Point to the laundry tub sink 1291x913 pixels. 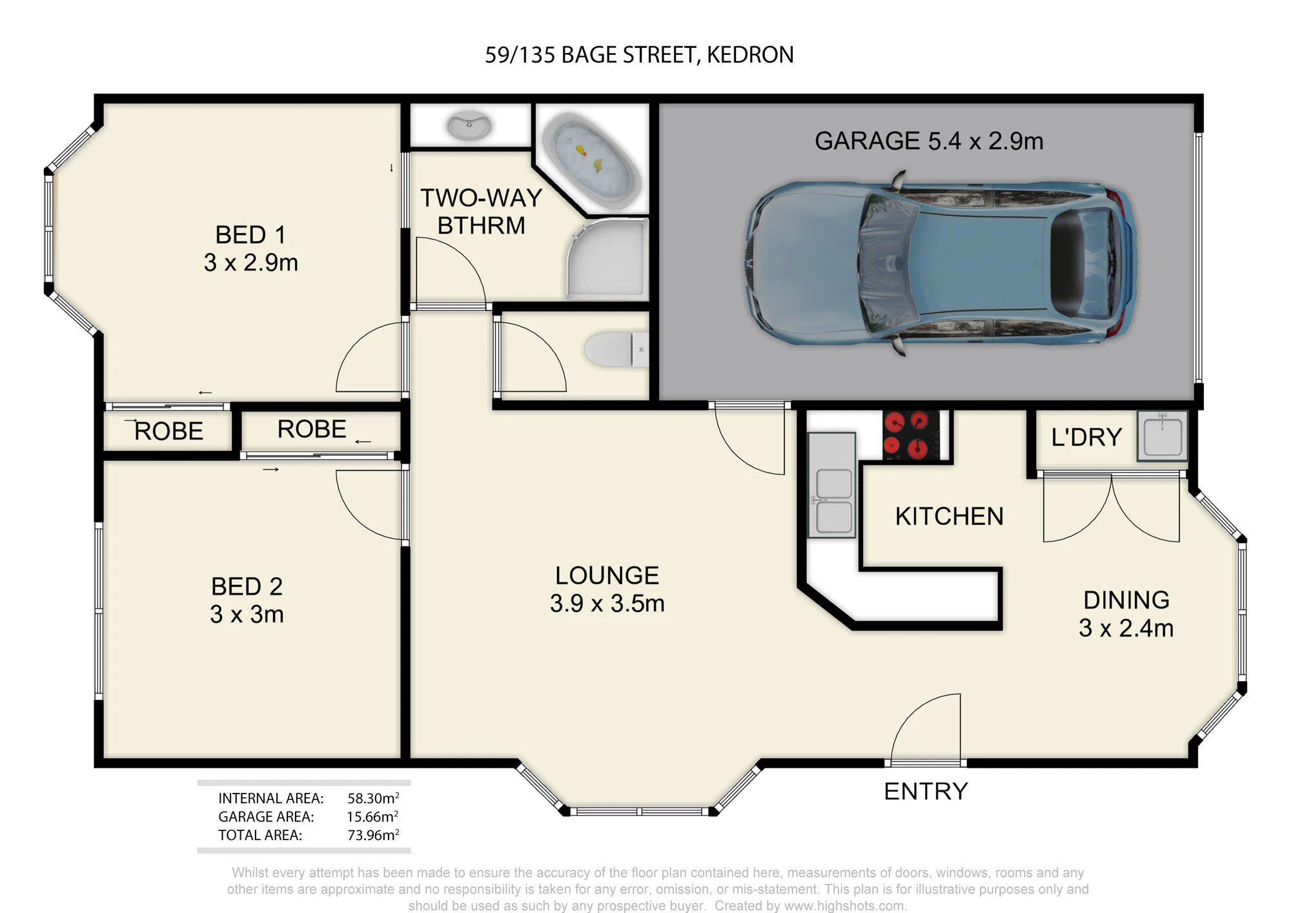coord(1162,436)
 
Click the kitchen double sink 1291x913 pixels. coord(832,485)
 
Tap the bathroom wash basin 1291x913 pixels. coord(469,126)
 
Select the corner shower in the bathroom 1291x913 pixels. coord(607,258)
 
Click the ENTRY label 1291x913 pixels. coord(926,791)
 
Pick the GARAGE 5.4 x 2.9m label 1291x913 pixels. coord(929,141)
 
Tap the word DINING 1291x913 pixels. coord(1126,600)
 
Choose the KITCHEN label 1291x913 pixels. coord(949,517)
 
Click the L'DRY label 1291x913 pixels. coord(1086,437)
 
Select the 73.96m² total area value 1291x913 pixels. coord(373,835)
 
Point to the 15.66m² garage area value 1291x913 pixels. coord(372,817)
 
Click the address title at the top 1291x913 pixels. coord(639,55)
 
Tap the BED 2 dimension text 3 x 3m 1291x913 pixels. coord(247,614)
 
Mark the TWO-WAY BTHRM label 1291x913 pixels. coord(481,212)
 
